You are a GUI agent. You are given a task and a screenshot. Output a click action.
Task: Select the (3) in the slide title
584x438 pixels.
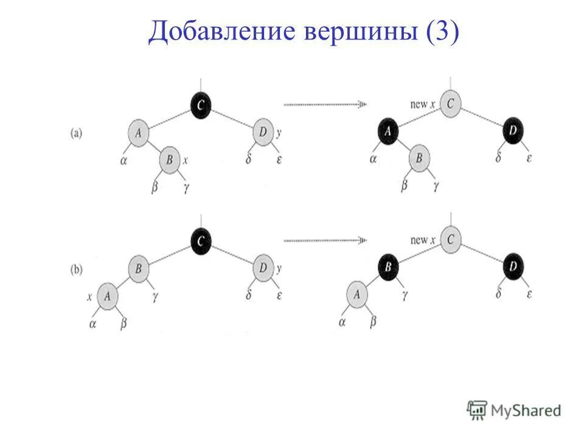click(442, 31)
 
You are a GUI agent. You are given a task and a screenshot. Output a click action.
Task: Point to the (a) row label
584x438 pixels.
click(77, 133)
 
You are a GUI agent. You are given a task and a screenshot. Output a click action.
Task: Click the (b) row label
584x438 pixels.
click(77, 270)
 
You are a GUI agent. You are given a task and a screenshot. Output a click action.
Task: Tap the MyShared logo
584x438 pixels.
click(514, 410)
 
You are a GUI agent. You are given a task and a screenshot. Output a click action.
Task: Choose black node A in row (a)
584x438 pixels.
click(388, 131)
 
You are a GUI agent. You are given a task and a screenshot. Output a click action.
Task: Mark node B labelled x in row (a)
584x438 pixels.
click(170, 161)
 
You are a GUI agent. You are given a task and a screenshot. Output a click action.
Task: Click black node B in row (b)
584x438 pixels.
click(388, 266)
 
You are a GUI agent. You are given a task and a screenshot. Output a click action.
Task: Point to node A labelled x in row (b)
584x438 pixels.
click(108, 296)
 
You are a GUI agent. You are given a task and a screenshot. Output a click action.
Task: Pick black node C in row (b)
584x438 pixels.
click(200, 242)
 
